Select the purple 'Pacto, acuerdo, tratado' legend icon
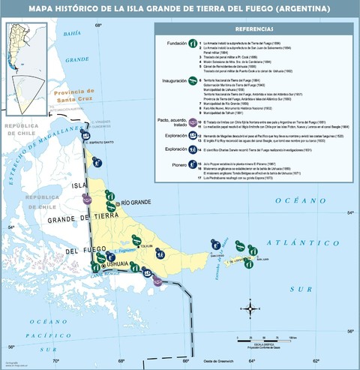click(x=193, y=122)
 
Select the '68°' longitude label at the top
click(x=98, y=26)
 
